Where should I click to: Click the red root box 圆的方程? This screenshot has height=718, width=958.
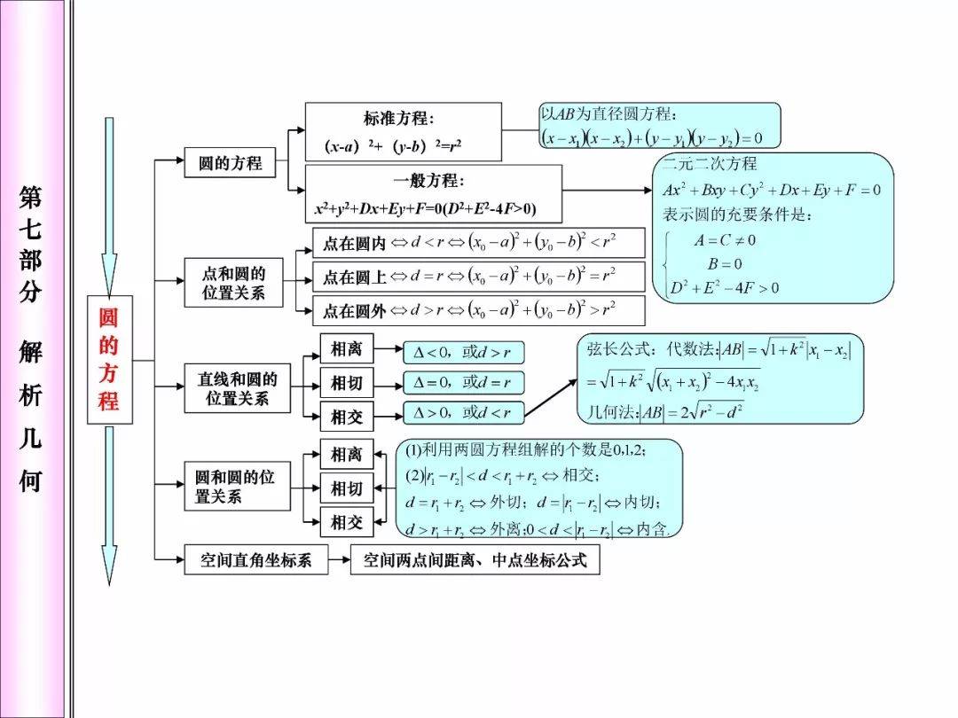[109, 359]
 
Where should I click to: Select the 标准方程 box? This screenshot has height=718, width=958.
[403, 131]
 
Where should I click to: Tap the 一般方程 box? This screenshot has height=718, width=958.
[433, 194]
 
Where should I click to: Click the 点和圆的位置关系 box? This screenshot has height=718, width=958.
[233, 283]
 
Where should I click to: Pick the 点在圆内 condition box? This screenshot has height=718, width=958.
[478, 243]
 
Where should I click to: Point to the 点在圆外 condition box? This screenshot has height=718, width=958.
[478, 310]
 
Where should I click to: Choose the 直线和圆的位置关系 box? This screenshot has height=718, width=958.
[237, 388]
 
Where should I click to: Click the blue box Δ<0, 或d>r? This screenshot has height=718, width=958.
[463, 352]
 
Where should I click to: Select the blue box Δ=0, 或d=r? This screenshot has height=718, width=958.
[463, 383]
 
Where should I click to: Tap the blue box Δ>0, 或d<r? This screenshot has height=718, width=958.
[463, 412]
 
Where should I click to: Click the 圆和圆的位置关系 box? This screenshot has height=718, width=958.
[237, 487]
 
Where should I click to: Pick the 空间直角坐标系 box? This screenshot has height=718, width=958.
[255, 560]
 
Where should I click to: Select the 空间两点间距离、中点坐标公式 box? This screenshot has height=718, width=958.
[475, 560]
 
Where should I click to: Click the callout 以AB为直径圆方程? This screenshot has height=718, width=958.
[660, 125]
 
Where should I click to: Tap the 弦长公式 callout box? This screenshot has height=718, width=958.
[720, 379]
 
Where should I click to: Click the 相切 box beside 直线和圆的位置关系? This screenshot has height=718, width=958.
[346, 383]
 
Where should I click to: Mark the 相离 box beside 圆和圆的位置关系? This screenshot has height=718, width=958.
[346, 455]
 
